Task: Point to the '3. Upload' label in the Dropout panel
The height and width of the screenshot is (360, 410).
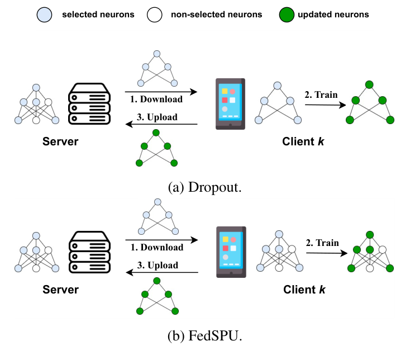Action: [x=157, y=117]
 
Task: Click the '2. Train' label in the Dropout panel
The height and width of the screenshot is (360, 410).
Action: [x=321, y=94]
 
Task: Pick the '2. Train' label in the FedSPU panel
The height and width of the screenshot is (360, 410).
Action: [x=322, y=243]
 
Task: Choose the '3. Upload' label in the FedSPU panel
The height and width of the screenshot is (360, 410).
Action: [x=158, y=265]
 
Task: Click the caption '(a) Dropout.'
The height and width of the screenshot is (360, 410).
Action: [x=205, y=188]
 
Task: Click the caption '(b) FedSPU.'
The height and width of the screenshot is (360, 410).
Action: [x=205, y=337]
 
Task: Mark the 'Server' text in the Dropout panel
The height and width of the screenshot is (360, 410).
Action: [x=60, y=141]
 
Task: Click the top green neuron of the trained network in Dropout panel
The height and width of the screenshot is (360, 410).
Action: [x=369, y=85]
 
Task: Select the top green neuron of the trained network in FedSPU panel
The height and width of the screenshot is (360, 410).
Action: [x=370, y=234]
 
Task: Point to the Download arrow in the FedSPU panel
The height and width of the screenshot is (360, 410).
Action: [x=161, y=239]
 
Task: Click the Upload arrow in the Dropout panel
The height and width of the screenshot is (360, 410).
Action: [x=161, y=125]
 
